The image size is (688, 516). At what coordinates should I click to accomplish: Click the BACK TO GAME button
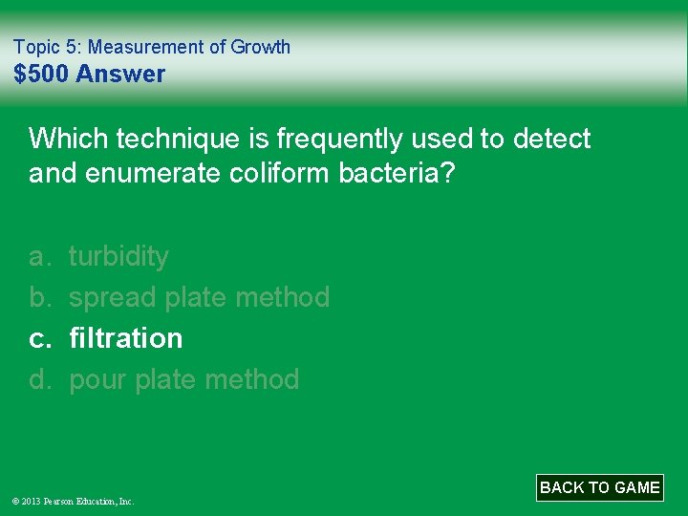click(599, 487)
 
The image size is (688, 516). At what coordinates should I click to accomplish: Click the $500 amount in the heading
click(41, 74)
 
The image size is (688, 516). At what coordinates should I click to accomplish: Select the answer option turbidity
click(118, 256)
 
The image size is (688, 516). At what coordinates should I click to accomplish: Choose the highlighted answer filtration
click(125, 338)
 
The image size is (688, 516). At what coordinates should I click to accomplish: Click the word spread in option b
click(114, 297)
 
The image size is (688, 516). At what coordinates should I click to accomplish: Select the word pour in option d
click(98, 379)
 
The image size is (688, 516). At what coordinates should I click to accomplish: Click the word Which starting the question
click(68, 139)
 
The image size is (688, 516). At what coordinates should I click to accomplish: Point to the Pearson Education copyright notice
click(73, 501)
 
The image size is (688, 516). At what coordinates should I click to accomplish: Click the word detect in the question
click(552, 139)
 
